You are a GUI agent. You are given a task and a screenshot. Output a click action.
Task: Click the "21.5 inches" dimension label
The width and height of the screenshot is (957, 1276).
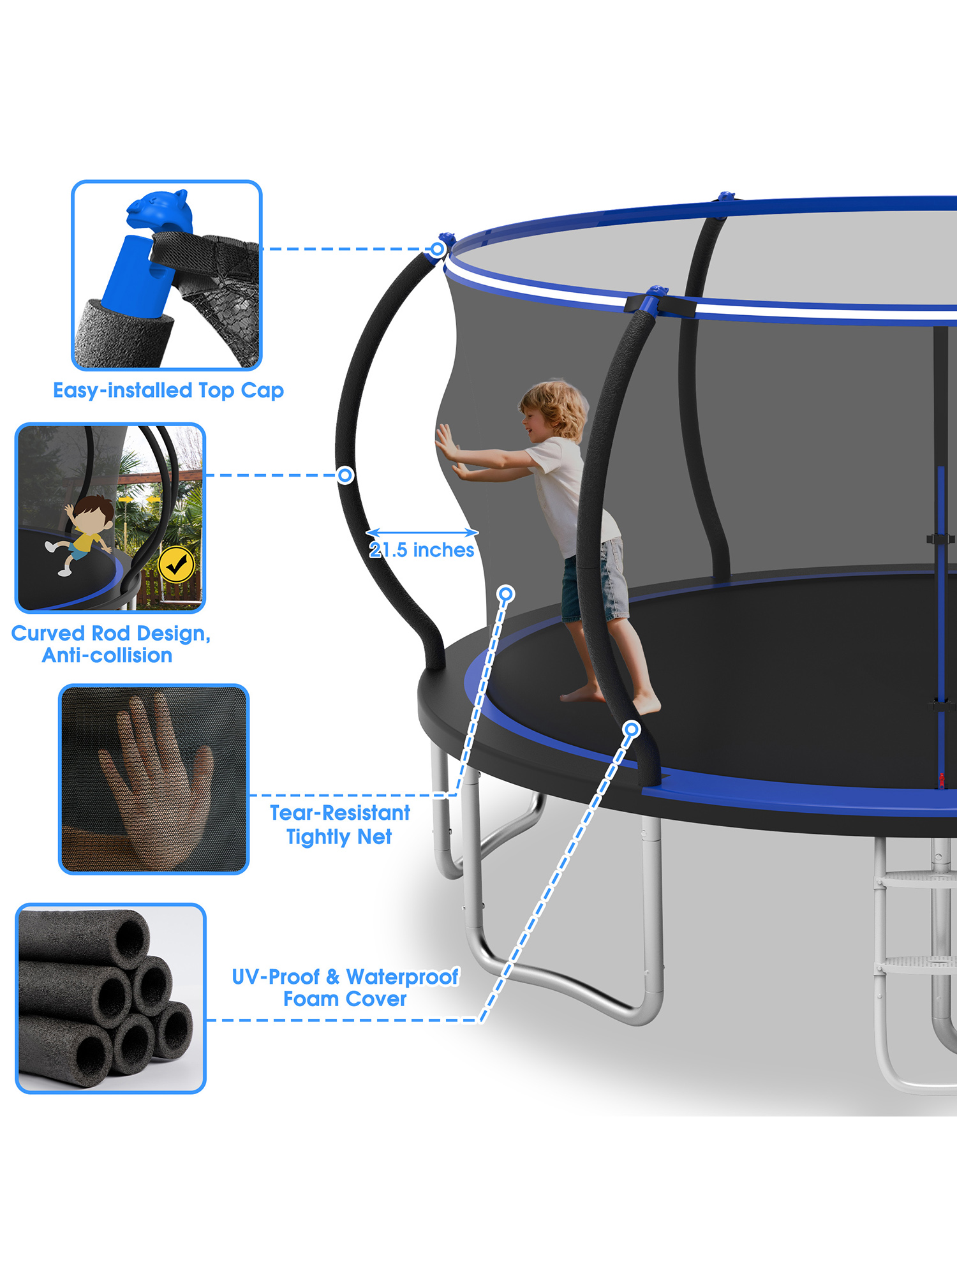(422, 550)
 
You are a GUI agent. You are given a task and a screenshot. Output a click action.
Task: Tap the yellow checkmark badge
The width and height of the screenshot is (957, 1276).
(176, 564)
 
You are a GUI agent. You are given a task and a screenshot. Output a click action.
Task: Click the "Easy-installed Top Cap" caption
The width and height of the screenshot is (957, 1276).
(168, 390)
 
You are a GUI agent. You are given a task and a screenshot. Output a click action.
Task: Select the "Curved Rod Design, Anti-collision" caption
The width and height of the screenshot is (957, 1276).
(110, 644)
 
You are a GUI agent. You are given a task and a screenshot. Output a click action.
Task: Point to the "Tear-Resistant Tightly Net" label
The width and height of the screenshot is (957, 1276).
(339, 825)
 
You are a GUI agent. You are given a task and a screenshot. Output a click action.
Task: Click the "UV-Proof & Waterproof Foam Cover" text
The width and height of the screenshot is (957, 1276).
(345, 988)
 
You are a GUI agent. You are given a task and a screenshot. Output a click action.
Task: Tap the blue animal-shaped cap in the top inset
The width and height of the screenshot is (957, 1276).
(159, 211)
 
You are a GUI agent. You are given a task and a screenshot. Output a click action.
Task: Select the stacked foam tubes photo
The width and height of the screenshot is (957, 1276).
(110, 998)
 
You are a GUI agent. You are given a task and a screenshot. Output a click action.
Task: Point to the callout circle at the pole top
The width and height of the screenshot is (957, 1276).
(438, 249)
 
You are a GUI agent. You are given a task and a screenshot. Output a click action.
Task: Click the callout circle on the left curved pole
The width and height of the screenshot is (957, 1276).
(345, 475)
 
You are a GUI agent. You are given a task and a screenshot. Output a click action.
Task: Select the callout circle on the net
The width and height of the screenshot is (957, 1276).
(506, 594)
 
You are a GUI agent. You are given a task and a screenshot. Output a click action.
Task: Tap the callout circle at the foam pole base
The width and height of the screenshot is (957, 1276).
(632, 729)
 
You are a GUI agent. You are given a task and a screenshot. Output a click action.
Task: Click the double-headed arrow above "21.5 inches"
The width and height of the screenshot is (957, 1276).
(422, 532)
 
